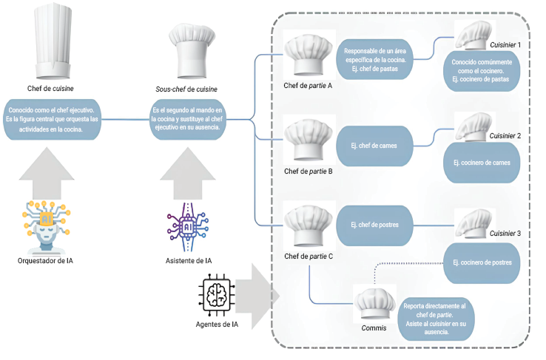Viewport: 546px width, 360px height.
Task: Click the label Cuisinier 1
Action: tap(505, 45)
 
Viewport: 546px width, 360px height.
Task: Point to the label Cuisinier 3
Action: tap(505, 234)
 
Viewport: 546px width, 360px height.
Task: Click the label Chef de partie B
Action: tap(308, 171)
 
